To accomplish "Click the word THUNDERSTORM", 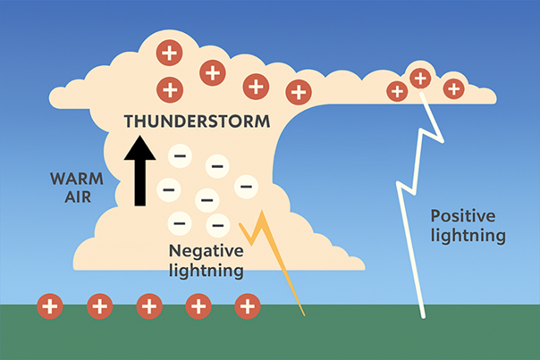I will coord(194,121).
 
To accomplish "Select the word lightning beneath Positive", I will coord(468,236).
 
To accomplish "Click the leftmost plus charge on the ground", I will coord(50,307).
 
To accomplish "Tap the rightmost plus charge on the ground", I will coord(247,307).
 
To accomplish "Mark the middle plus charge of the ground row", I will coord(148,307).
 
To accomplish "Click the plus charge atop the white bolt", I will coord(419,78).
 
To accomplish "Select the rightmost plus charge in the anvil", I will coord(453,88).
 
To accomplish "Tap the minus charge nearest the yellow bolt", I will coord(216,223).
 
